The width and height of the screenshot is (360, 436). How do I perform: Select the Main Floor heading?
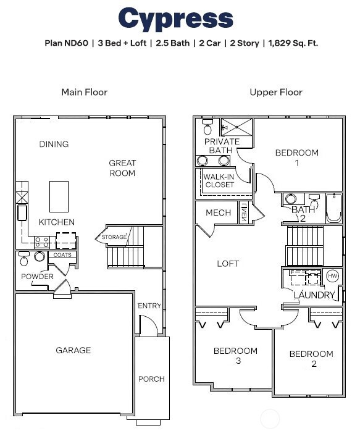click(84, 92)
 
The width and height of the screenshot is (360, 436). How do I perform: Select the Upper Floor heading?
click(275, 92)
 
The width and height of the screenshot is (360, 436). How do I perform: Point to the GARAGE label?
click(73, 350)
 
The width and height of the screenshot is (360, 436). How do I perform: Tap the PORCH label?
click(151, 379)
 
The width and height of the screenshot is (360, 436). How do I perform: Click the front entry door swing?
click(148, 324)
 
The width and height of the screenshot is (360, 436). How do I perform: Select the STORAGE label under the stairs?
click(114, 237)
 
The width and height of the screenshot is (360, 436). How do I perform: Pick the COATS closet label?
click(62, 254)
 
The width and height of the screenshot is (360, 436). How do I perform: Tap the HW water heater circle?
click(332, 276)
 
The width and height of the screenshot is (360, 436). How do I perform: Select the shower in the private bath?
click(237, 127)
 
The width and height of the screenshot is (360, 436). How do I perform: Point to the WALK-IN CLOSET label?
click(219, 180)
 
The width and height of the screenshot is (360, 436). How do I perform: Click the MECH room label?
click(218, 213)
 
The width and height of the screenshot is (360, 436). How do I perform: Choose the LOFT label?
click(228, 264)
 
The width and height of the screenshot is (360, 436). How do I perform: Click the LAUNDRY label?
click(314, 295)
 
